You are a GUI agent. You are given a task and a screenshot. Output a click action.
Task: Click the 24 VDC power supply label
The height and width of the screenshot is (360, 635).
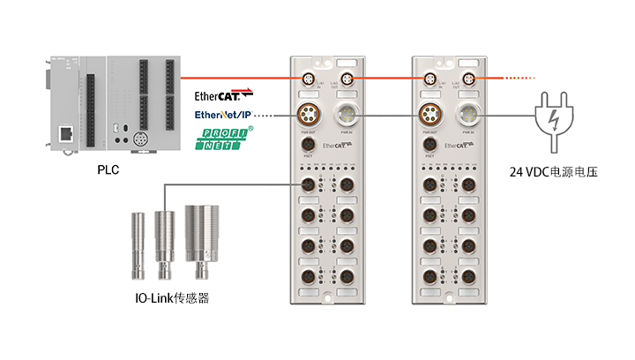point(554,172)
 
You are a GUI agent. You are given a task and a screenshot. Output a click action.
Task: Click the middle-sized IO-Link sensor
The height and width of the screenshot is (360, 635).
point(164,236)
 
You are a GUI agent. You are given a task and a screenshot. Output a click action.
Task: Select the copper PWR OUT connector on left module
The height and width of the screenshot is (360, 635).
point(310,116)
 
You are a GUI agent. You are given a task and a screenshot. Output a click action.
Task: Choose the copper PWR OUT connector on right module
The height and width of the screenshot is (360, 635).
point(431,116)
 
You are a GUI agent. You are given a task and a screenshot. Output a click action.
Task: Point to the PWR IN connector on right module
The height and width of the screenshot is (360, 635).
point(469,116)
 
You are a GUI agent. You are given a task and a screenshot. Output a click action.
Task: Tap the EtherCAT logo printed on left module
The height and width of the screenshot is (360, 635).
point(338,144)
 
